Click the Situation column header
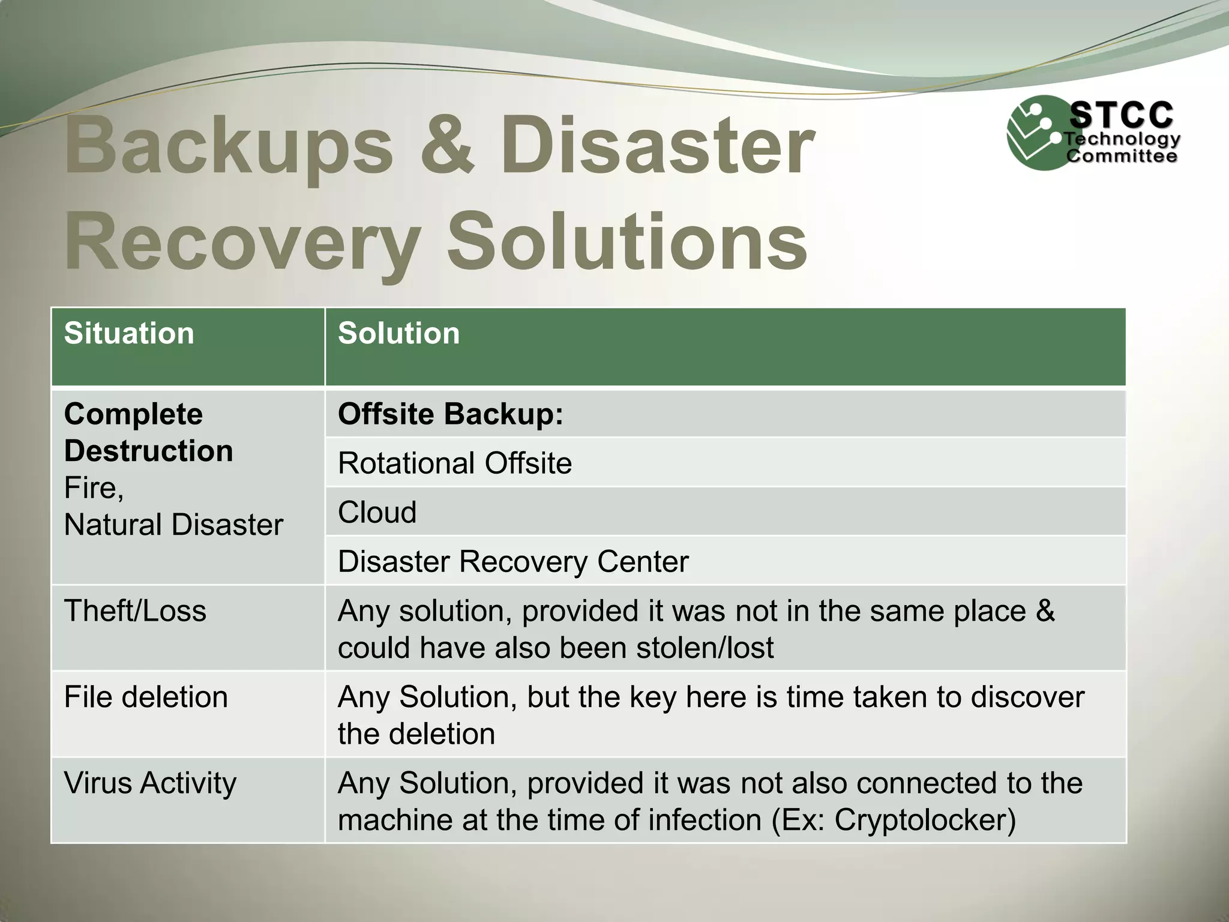coord(129,334)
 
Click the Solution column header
coord(398,334)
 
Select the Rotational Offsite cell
coord(454,463)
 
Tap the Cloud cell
coord(377,513)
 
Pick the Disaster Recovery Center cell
coord(513,562)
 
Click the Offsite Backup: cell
coord(451,414)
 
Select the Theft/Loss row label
coord(135,611)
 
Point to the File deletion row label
coord(146,698)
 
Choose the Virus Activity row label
coord(150,783)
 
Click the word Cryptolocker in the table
coord(925,821)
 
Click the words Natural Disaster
coord(173,525)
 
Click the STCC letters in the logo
coord(1121,115)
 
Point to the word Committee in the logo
coord(1121,157)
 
